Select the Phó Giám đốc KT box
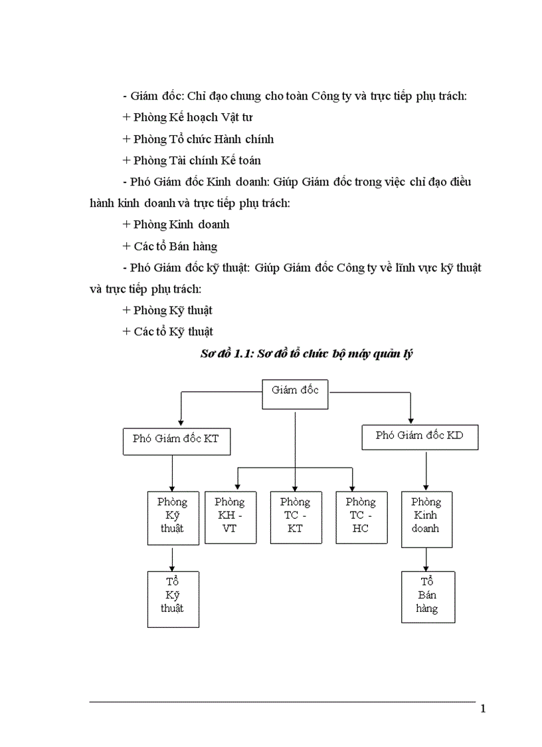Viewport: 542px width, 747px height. pyautogui.click(x=176, y=440)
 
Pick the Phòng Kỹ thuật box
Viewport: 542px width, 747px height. pyautogui.click(x=173, y=518)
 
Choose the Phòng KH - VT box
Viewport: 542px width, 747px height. pyautogui.click(x=230, y=518)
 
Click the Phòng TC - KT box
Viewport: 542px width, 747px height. pyautogui.click(x=295, y=518)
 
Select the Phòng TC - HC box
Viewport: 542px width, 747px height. pyautogui.click(x=361, y=518)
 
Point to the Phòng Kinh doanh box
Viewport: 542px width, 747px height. pyautogui.click(x=426, y=519)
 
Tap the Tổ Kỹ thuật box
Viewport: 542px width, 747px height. pyautogui.click(x=173, y=599)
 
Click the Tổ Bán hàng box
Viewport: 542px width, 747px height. pyautogui.click(x=428, y=597)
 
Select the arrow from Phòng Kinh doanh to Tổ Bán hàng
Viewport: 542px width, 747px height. pyautogui.click(x=426, y=559)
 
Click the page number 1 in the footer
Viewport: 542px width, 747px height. pyautogui.click(x=483, y=709)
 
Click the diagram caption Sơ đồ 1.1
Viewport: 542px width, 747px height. pyautogui.click(x=307, y=355)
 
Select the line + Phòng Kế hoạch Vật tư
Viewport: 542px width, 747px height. pyautogui.click(x=187, y=118)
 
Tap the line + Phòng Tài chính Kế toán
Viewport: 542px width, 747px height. pyautogui.click(x=191, y=160)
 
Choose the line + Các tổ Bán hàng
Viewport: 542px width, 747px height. pyautogui.click(x=170, y=246)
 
